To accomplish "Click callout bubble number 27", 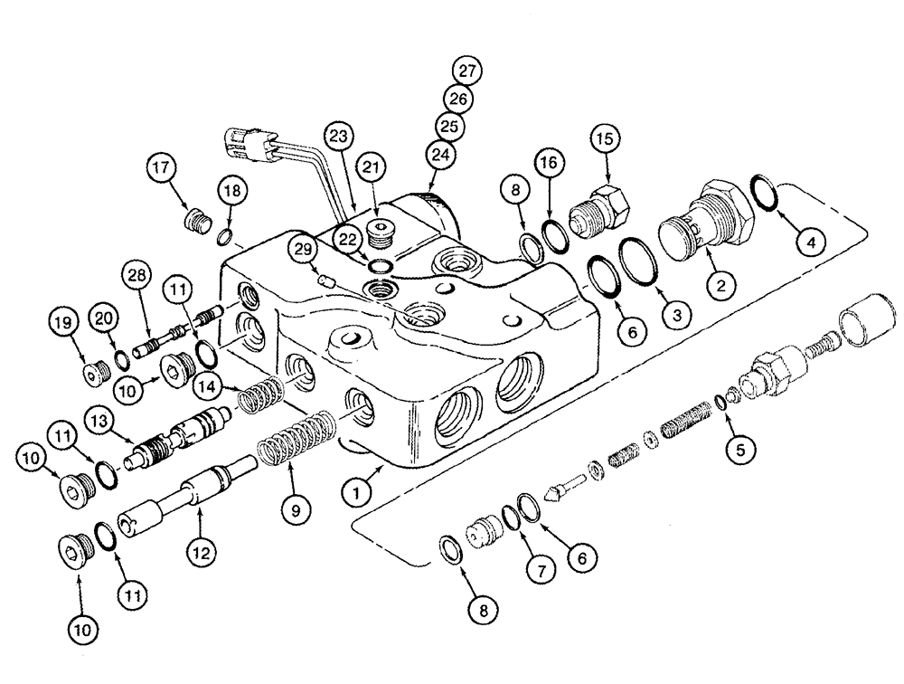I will (468, 71).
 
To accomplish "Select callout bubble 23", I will (338, 137).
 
